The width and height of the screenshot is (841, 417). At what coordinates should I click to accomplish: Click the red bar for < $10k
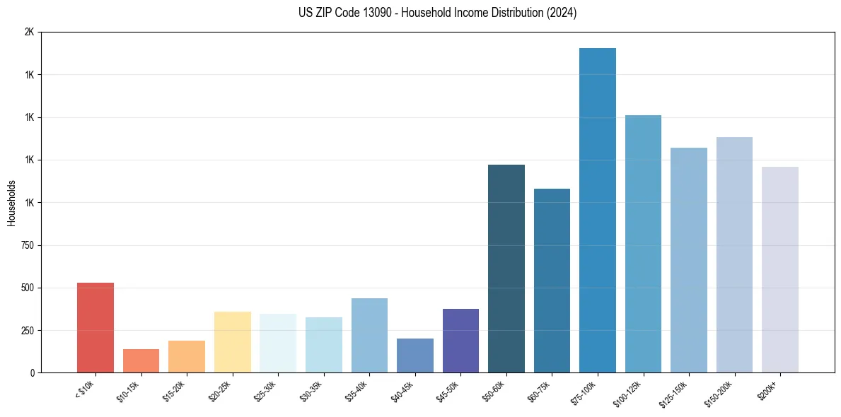[x=95, y=327]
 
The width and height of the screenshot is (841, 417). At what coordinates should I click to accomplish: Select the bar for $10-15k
[x=141, y=360]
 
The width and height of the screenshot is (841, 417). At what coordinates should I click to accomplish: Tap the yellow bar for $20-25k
[x=232, y=342]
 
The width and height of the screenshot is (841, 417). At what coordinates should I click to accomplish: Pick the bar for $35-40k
[x=369, y=335]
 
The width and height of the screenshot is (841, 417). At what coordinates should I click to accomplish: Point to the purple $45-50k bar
[x=460, y=341]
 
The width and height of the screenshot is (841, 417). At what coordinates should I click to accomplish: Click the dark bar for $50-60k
[x=506, y=269]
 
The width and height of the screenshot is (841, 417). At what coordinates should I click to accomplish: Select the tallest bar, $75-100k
[x=598, y=210]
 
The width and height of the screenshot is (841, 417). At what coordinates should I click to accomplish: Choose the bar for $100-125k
[x=643, y=244]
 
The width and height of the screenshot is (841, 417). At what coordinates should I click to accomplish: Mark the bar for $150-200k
[x=734, y=254]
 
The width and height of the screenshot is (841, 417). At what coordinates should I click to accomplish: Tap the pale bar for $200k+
[x=780, y=269]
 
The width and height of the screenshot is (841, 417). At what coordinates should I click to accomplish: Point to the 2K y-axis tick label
[x=28, y=33]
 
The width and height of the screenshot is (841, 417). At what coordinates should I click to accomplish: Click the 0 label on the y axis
[x=31, y=373]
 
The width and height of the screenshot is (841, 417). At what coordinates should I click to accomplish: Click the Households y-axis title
[x=11, y=203]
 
